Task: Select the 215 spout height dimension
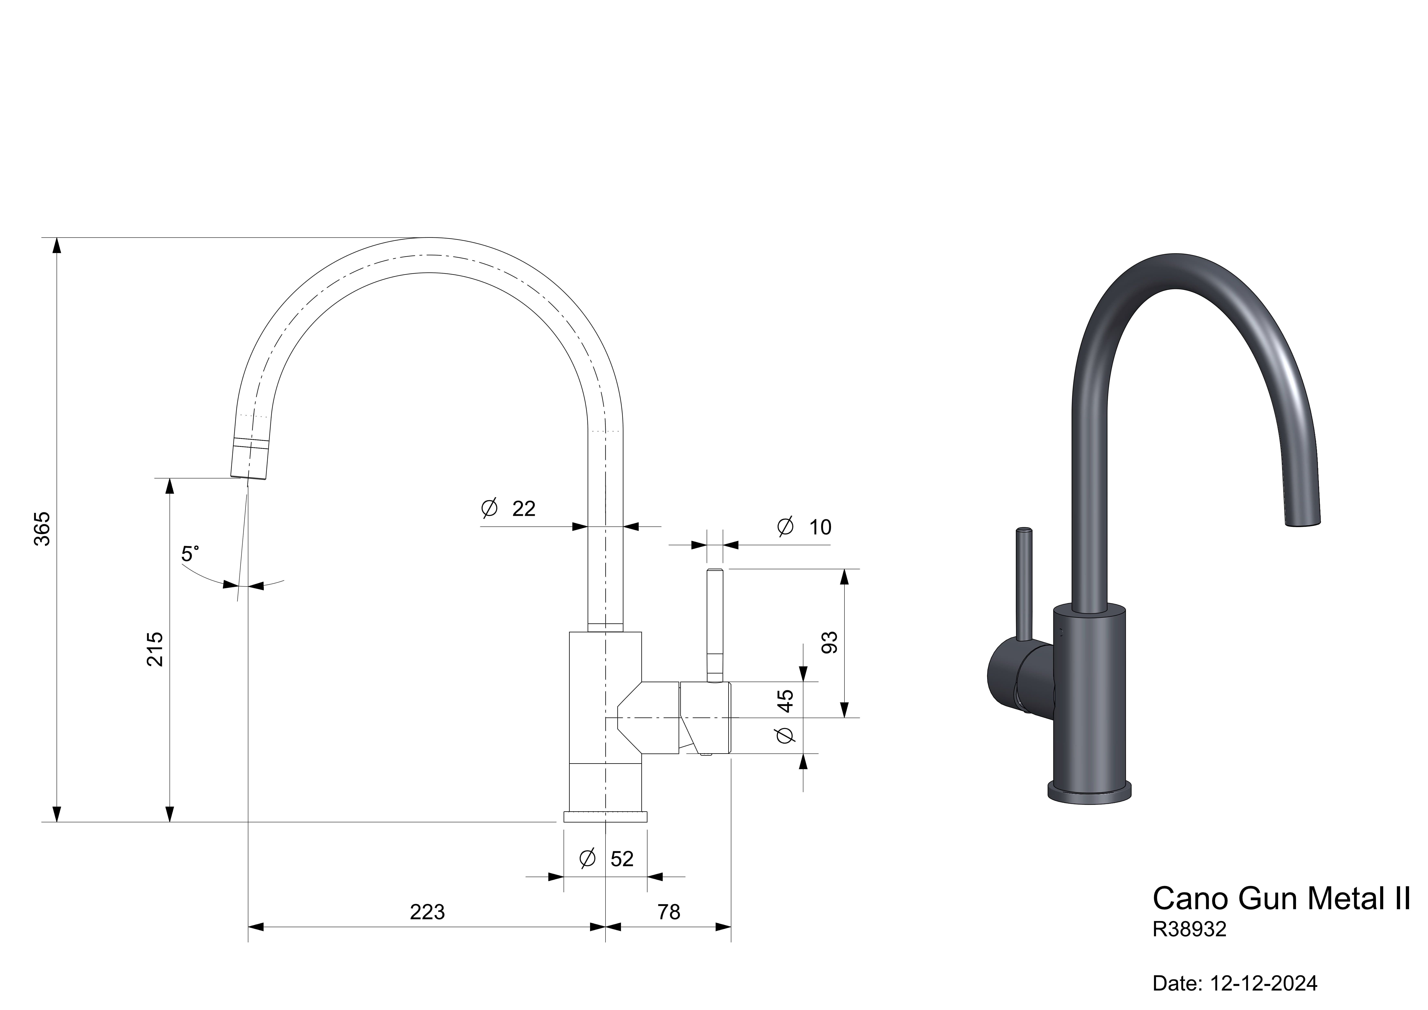155,649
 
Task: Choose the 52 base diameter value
622,859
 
